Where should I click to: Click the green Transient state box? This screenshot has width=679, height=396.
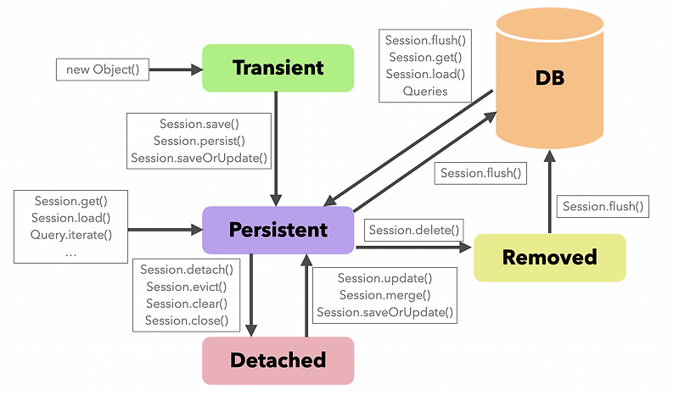(278, 68)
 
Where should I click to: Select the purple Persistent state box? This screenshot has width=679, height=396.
(278, 230)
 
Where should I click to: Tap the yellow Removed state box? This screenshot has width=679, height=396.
(549, 257)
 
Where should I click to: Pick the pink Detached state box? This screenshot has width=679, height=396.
(278, 360)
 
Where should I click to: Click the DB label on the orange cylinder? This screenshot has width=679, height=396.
(549, 79)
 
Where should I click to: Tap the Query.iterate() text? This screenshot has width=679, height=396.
(72, 235)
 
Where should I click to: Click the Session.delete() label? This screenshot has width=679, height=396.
(414, 229)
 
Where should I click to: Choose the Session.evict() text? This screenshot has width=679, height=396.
(187, 287)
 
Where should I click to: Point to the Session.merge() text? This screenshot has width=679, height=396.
(384, 295)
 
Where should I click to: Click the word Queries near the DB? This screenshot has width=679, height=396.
(426, 91)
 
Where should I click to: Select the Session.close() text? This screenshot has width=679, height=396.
(187, 321)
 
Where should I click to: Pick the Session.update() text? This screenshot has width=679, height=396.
(384, 278)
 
